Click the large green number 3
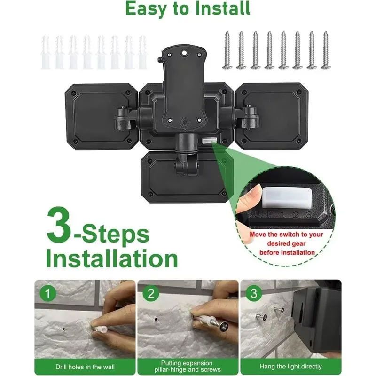[59, 225]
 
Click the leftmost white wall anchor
[46, 52]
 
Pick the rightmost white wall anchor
[142, 52]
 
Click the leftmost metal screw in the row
[227, 50]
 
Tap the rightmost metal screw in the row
[326, 50]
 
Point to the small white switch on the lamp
[209, 140]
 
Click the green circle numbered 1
[48, 293]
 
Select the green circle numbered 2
[151, 293]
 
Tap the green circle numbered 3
[254, 293]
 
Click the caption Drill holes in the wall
[85, 367]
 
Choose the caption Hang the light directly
[290, 367]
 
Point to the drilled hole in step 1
[63, 329]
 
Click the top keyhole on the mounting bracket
[184, 52]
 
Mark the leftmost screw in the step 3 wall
[261, 317]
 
